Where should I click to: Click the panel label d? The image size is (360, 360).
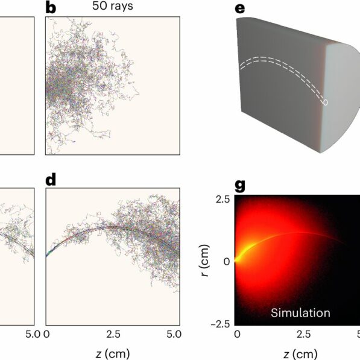coord(51,179)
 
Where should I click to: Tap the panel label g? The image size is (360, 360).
coord(240,185)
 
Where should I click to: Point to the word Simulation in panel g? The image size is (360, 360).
coord(300,312)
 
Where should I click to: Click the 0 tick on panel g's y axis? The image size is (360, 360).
coord(226,262)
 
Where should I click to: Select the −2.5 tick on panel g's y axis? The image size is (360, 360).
coord(219,324)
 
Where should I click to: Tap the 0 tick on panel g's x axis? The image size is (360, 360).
coord(237,333)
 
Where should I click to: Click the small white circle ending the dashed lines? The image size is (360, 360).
coord(326,103)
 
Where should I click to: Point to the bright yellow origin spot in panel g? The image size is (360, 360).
coord(238,261)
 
